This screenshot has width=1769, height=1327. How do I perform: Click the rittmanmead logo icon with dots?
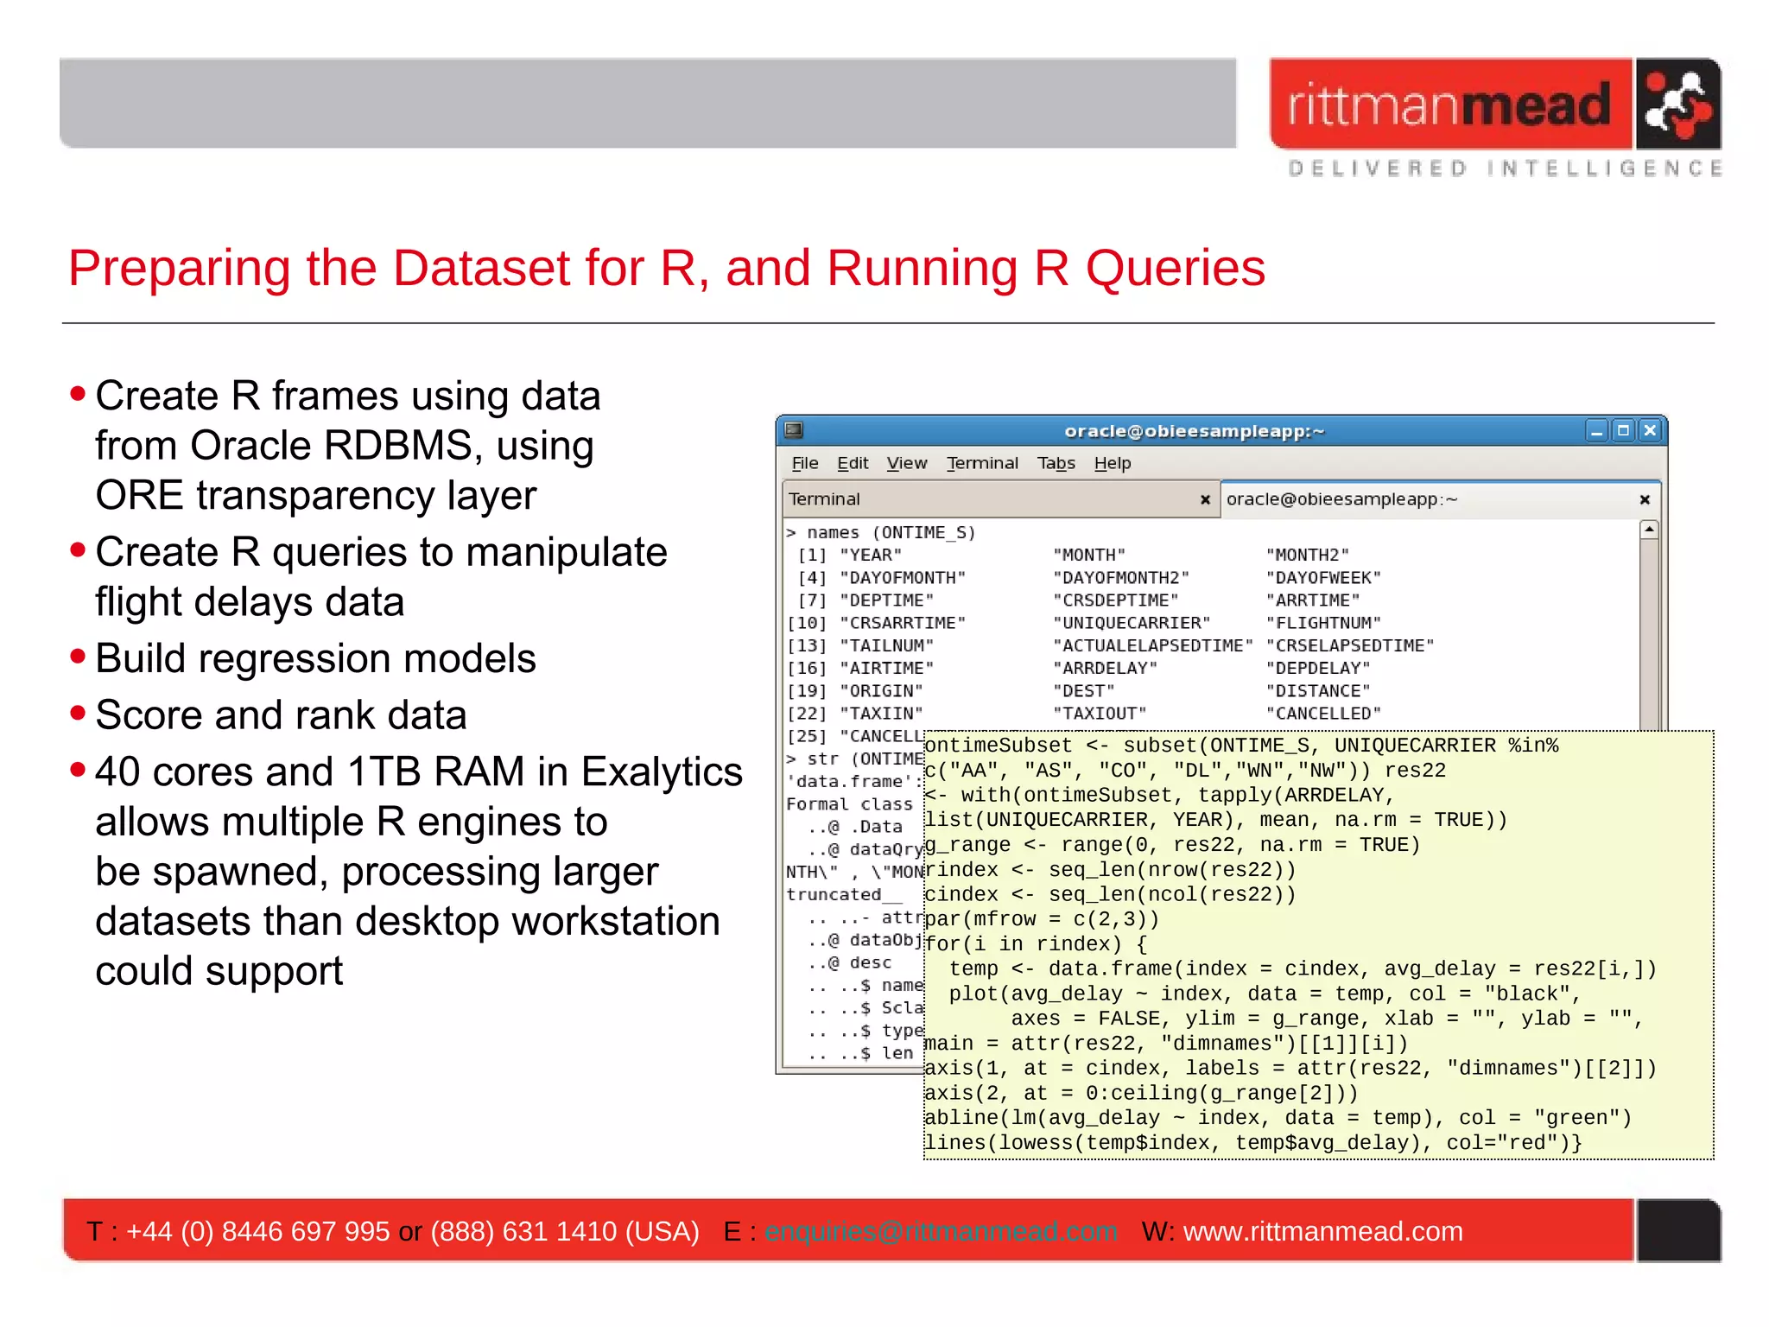tap(1677, 105)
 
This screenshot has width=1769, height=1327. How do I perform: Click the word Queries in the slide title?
tap(1175, 269)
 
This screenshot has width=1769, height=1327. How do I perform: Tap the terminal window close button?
tap(1650, 430)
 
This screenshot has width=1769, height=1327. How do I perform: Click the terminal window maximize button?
tap(1623, 430)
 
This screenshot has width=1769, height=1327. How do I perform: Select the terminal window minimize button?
tap(1596, 430)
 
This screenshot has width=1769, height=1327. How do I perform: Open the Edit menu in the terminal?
tap(852, 464)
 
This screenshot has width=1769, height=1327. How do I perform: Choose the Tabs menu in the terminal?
tap(1056, 464)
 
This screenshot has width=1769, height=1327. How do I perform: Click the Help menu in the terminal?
tap(1112, 464)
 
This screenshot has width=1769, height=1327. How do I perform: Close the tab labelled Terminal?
tap(1205, 499)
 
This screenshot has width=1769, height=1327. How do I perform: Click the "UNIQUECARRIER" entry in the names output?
tap(1132, 623)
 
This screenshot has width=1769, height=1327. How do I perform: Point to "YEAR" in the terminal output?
tap(871, 556)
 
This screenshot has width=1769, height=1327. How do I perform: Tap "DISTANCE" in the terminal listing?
tap(1318, 691)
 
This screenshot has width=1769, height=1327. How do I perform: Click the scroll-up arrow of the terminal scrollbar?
tap(1649, 530)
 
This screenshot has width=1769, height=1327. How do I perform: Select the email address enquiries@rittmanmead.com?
tap(941, 1231)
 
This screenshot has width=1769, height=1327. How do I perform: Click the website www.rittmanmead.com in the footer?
tap(1322, 1231)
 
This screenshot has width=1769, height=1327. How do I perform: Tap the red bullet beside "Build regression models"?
tap(79, 657)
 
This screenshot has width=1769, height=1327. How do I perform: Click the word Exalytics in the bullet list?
tap(662, 772)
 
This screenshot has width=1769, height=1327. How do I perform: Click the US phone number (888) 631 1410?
tap(565, 1231)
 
